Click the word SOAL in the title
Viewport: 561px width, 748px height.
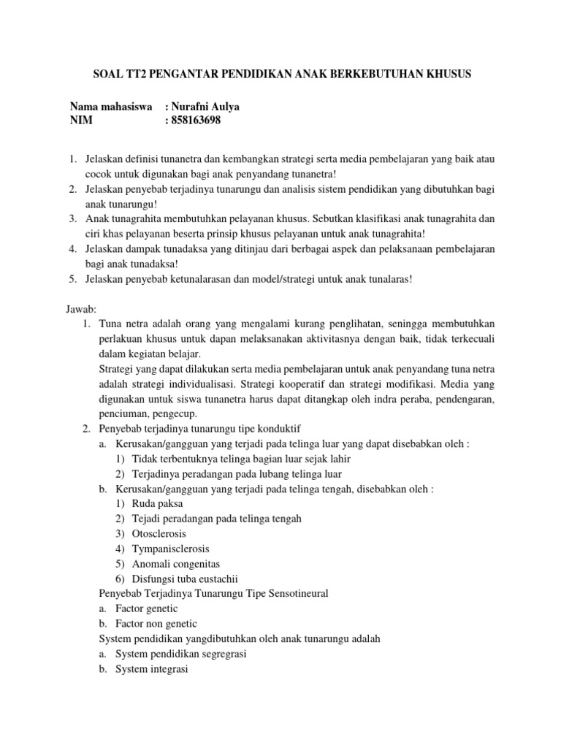click(x=107, y=74)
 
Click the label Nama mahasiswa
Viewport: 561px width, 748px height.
click(x=110, y=107)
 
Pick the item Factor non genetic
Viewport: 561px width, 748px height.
click(x=156, y=623)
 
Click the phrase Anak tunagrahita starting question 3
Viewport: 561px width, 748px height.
click(x=122, y=218)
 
